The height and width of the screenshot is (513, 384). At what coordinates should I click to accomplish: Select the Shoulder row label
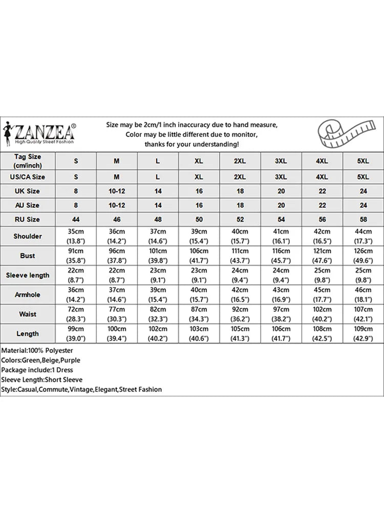point(28,236)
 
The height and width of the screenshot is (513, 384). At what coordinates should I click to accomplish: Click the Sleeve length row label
point(28,275)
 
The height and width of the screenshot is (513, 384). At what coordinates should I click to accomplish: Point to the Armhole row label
point(28,295)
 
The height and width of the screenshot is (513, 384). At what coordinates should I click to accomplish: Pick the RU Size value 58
point(362,220)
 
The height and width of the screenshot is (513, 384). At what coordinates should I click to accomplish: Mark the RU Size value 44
point(76,220)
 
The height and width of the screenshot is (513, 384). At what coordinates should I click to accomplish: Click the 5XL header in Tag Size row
point(362,161)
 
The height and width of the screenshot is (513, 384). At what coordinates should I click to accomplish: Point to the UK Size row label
point(28,191)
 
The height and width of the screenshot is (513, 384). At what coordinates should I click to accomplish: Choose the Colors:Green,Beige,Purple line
point(40,360)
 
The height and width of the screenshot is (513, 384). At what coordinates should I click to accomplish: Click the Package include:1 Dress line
point(37,370)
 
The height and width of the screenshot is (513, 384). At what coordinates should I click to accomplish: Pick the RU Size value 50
point(199,220)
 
